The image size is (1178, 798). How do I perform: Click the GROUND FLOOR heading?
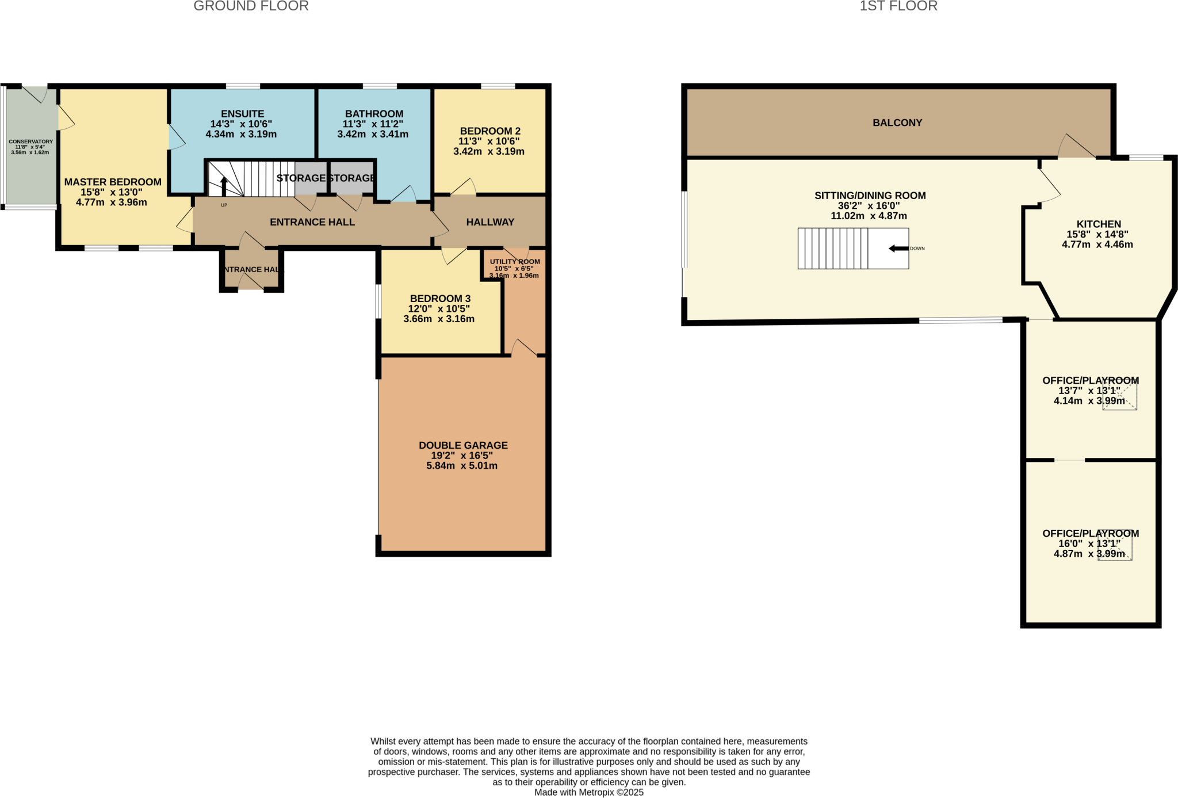[251, 6]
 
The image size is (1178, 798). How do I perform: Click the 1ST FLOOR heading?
[898, 6]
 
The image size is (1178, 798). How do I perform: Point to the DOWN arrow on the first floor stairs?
[898, 249]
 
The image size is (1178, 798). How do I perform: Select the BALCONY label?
[897, 123]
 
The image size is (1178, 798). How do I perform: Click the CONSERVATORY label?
[30, 142]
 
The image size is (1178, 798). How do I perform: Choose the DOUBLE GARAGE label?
[463, 445]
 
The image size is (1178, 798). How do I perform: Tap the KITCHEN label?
[1098, 224]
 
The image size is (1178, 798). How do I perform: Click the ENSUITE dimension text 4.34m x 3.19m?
[241, 135]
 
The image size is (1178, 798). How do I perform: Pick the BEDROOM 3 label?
[440, 299]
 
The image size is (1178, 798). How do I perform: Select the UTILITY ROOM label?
[515, 262]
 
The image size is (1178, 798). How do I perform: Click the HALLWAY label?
[490, 222]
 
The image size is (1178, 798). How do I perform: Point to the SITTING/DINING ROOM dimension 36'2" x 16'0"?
[869, 206]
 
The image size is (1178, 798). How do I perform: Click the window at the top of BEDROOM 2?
[498, 86]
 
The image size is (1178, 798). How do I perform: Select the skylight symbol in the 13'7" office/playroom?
[1119, 395]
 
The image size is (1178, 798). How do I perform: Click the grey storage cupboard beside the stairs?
[311, 178]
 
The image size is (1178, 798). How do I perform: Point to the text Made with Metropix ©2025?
[588, 792]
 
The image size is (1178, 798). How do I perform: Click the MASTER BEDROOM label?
[113, 182]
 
